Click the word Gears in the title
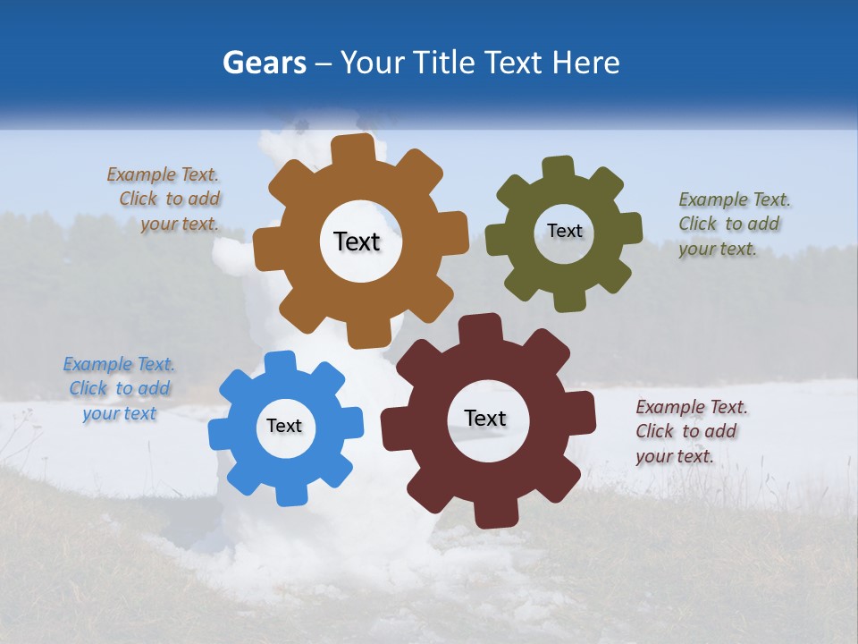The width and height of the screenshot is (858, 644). click(x=264, y=63)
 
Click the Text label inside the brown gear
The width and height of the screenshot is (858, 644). click(x=357, y=241)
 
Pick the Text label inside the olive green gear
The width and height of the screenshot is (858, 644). click(x=564, y=231)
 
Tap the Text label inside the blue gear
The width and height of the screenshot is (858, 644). click(x=284, y=427)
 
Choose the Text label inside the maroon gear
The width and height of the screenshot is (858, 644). click(x=485, y=418)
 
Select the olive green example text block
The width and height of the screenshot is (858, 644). click(x=733, y=225)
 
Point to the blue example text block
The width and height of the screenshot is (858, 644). click(x=120, y=389)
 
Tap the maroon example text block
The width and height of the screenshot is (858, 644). click(x=690, y=431)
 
